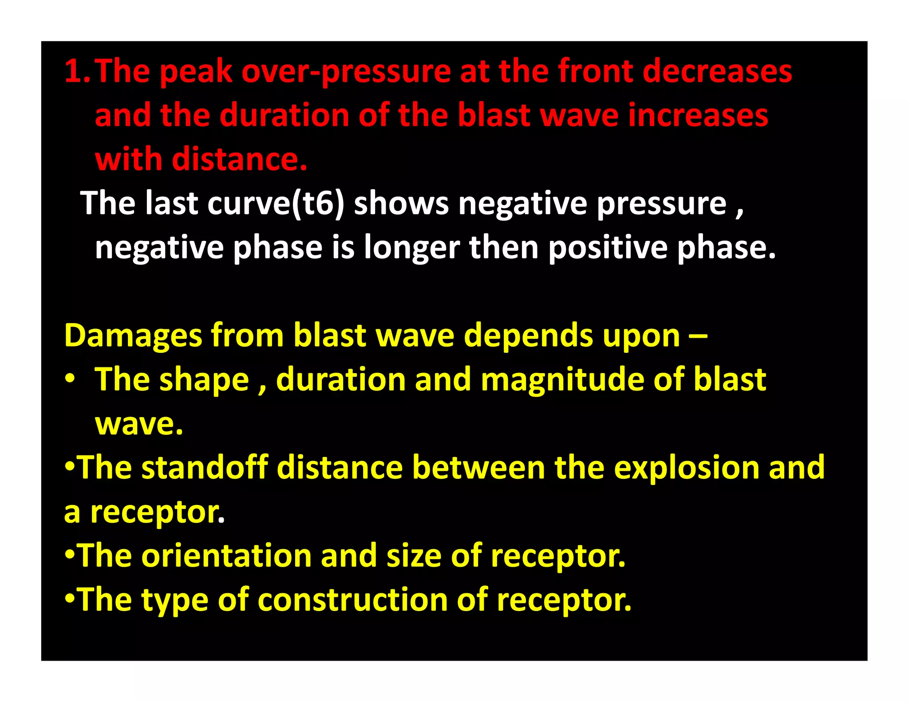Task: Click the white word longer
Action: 411,247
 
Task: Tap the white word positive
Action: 608,247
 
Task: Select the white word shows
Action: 401,203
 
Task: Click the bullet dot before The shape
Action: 70,380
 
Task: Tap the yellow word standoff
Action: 205,468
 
